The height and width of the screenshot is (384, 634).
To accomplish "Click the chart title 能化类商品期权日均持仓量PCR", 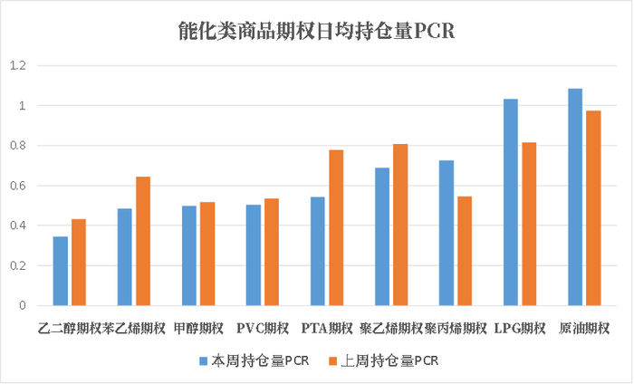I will pyautogui.click(x=316, y=32).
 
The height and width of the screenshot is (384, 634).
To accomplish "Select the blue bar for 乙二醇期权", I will pyautogui.click(x=61, y=271).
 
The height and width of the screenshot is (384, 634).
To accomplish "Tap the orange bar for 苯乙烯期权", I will pyautogui.click(x=143, y=241).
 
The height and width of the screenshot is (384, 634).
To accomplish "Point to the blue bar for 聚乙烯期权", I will pyautogui.click(x=382, y=236).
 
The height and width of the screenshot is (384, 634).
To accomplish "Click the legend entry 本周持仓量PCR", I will pyautogui.click(x=254, y=360).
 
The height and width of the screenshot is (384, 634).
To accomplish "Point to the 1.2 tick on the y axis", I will pyautogui.click(x=18, y=66).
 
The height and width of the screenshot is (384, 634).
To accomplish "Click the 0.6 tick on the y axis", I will pyautogui.click(x=18, y=186).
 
